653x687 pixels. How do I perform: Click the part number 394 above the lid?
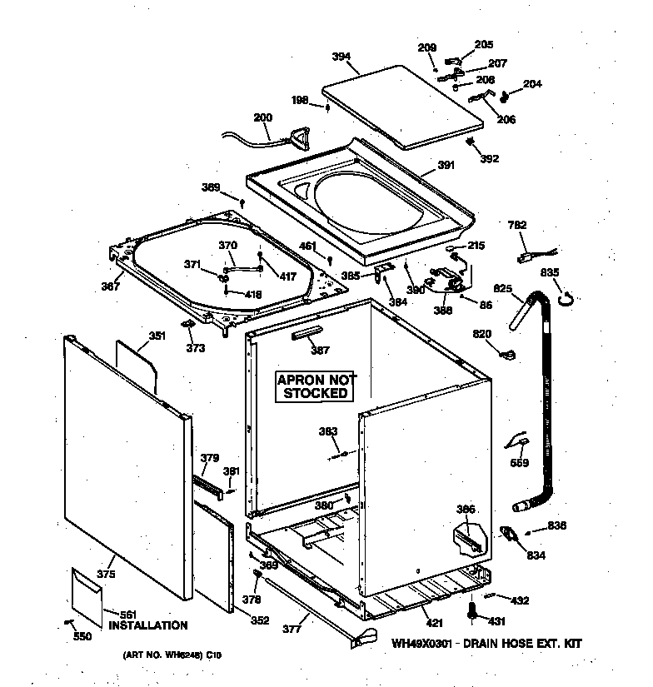[x=340, y=57]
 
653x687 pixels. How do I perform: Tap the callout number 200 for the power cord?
[x=262, y=117]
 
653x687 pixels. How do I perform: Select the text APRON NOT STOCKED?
[x=314, y=386]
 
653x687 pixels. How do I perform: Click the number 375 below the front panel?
[x=105, y=574]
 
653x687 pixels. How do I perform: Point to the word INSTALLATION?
[x=148, y=625]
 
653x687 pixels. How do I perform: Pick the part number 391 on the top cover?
[x=446, y=166]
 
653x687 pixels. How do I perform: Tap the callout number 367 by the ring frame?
[x=110, y=286]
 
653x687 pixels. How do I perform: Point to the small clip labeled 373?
[x=187, y=323]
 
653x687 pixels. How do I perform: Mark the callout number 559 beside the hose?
[x=518, y=463]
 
